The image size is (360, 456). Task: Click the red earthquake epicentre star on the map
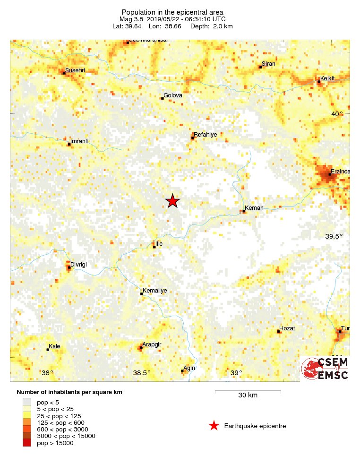coord(173,201)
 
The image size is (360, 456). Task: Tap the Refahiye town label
coord(206,135)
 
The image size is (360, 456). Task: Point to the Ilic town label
coord(159,244)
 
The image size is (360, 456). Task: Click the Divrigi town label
coord(80,265)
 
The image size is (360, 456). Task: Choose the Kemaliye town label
coord(154,291)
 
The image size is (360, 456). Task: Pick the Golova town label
coord(173,95)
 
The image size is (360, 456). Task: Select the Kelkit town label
coord(327,78)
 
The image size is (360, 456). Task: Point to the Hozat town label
coord(287,328)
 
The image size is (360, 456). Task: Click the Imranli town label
coord(79,141)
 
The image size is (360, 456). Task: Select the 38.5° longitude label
coord(141,373)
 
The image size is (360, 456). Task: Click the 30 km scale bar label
coord(248,396)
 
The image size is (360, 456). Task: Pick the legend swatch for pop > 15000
coord(26,443)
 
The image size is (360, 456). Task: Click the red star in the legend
coord(214,426)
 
